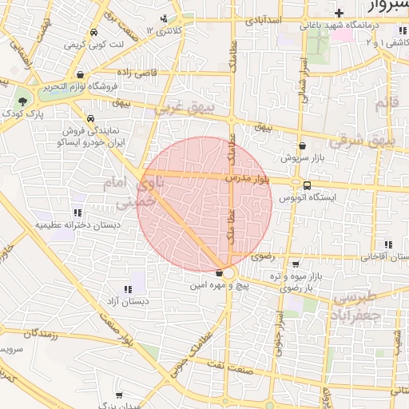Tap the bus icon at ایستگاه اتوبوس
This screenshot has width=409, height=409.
[x=308, y=186]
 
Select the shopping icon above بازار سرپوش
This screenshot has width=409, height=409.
[x=303, y=146]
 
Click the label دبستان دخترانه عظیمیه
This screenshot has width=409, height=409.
[x=77, y=225]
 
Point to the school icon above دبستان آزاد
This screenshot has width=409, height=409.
[x=127, y=289]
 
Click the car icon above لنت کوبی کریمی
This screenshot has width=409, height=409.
[x=95, y=34]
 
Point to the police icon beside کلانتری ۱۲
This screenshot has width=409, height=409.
[x=165, y=18]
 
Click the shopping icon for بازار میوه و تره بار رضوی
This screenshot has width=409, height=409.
[x=296, y=264]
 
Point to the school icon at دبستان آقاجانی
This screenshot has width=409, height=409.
[x=388, y=244]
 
